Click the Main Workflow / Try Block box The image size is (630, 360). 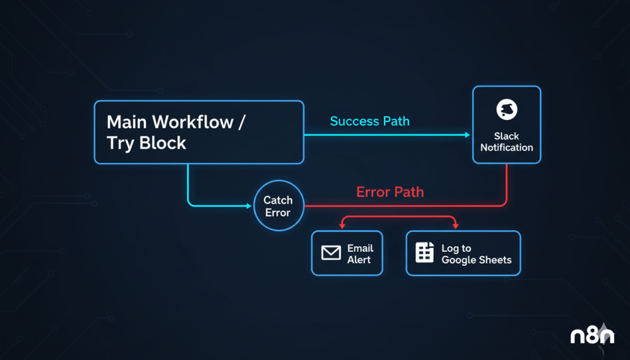(x=199, y=132)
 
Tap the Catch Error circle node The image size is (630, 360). (x=277, y=206)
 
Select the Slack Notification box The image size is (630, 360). (x=506, y=125)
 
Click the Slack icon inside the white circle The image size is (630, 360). (x=506, y=110)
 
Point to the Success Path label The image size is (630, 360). (x=370, y=121)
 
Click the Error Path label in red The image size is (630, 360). (x=390, y=192)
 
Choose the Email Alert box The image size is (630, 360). (x=347, y=253)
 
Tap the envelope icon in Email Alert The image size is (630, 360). (x=331, y=253)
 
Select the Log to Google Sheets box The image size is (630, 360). (x=463, y=253)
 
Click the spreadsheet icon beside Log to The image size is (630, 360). (x=425, y=253)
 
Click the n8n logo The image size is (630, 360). (x=591, y=335)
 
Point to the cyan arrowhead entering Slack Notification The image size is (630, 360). (x=467, y=134)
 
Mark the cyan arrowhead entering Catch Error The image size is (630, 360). (x=250, y=206)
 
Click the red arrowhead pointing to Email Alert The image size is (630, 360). (x=342, y=226)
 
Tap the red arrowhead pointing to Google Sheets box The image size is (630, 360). (x=455, y=226)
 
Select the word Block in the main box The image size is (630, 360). (x=163, y=143)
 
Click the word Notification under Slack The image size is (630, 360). (x=506, y=148)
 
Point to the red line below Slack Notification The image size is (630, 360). (x=506, y=185)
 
